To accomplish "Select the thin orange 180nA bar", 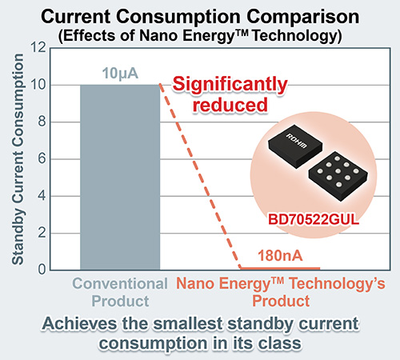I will pyautogui.click(x=281, y=268).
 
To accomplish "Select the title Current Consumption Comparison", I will pyautogui.click(x=199, y=15).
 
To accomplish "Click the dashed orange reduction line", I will pyautogui.click(x=200, y=176).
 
